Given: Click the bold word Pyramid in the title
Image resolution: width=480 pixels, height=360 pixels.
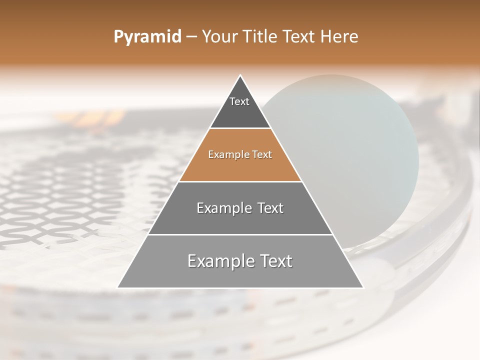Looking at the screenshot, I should click(x=147, y=37).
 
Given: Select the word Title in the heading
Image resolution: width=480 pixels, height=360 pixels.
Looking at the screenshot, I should click(x=261, y=37).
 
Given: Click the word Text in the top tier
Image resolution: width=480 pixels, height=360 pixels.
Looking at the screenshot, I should click(x=239, y=101).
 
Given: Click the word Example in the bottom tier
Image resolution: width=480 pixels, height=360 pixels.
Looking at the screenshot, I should click(x=219, y=261).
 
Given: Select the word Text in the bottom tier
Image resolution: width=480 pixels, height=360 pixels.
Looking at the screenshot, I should click(x=273, y=261).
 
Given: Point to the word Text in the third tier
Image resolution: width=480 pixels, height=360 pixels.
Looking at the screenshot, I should click(x=268, y=208).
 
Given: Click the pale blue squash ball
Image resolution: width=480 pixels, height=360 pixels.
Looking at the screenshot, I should click(x=350, y=150).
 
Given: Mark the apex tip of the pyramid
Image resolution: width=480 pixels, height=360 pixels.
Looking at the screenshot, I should click(x=240, y=76).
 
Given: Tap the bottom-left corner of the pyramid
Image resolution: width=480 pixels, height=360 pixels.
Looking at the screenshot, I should click(x=118, y=287).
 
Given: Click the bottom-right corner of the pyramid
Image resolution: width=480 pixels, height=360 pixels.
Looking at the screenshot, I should click(x=363, y=287).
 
